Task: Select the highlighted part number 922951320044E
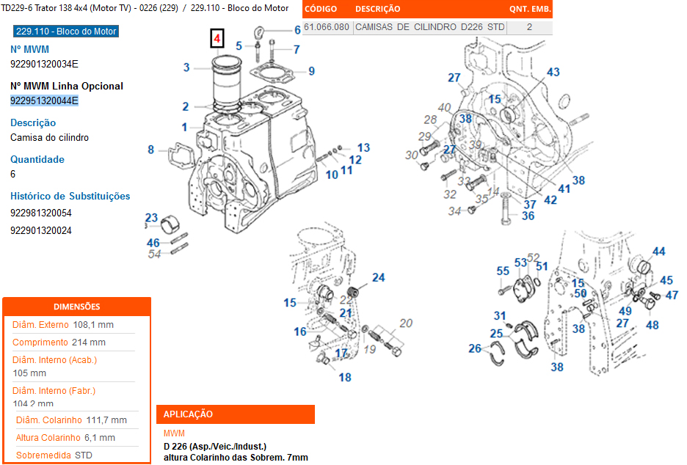(44, 100)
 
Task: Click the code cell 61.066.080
(327, 27)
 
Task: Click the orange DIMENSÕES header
(77, 307)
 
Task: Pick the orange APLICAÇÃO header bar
(236, 414)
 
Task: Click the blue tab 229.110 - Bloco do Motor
(66, 32)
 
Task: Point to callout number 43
(553, 72)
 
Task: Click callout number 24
(378, 277)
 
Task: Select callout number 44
(658, 252)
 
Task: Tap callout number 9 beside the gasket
(311, 71)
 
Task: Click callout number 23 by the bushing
(151, 218)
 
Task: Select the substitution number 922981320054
(41, 213)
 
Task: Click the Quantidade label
(37, 159)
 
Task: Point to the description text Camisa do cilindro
(49, 137)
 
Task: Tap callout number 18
(344, 378)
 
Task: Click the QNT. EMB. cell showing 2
(529, 27)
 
